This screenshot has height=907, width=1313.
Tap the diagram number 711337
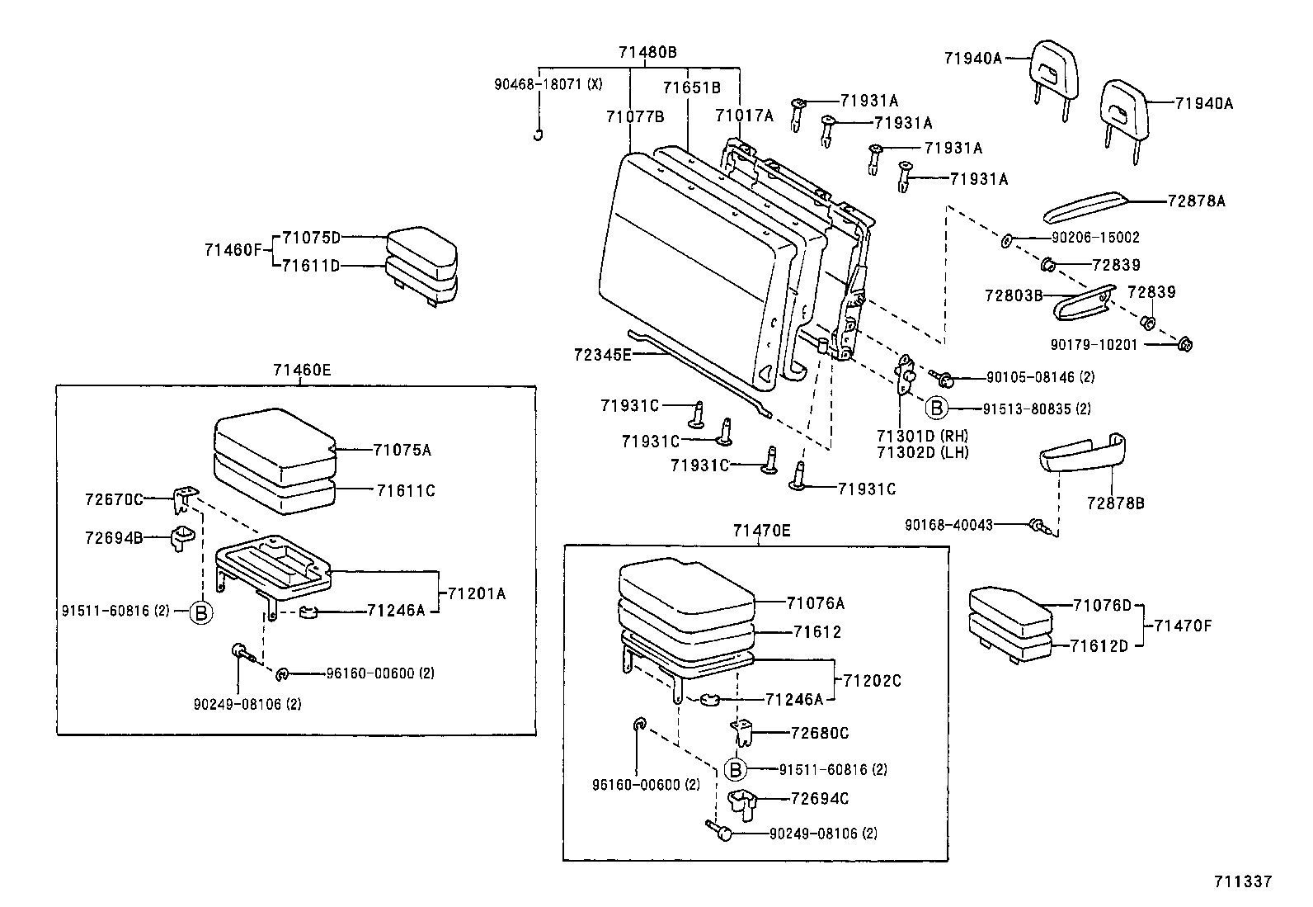1242,881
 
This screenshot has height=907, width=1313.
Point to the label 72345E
602,355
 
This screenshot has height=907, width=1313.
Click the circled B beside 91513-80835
935,408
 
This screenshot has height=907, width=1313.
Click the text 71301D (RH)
922,436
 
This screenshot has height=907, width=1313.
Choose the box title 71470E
761,531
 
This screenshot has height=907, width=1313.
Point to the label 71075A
402,450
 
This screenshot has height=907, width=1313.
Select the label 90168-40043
948,524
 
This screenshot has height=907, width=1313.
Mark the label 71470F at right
1183,625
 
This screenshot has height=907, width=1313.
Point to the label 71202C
872,681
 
